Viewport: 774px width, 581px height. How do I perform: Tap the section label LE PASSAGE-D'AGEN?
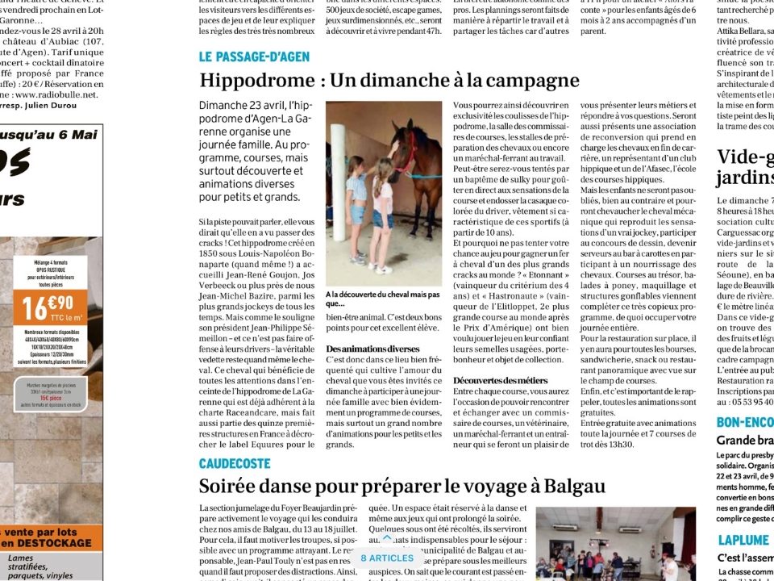pos(254,56)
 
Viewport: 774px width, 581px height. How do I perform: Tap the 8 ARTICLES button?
pos(387,558)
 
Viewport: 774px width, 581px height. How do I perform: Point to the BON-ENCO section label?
pos(744,422)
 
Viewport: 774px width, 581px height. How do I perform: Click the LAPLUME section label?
pos(743,540)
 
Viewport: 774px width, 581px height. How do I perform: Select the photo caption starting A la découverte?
pos(382,299)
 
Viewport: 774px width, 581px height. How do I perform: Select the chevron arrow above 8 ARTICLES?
pos(387,538)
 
